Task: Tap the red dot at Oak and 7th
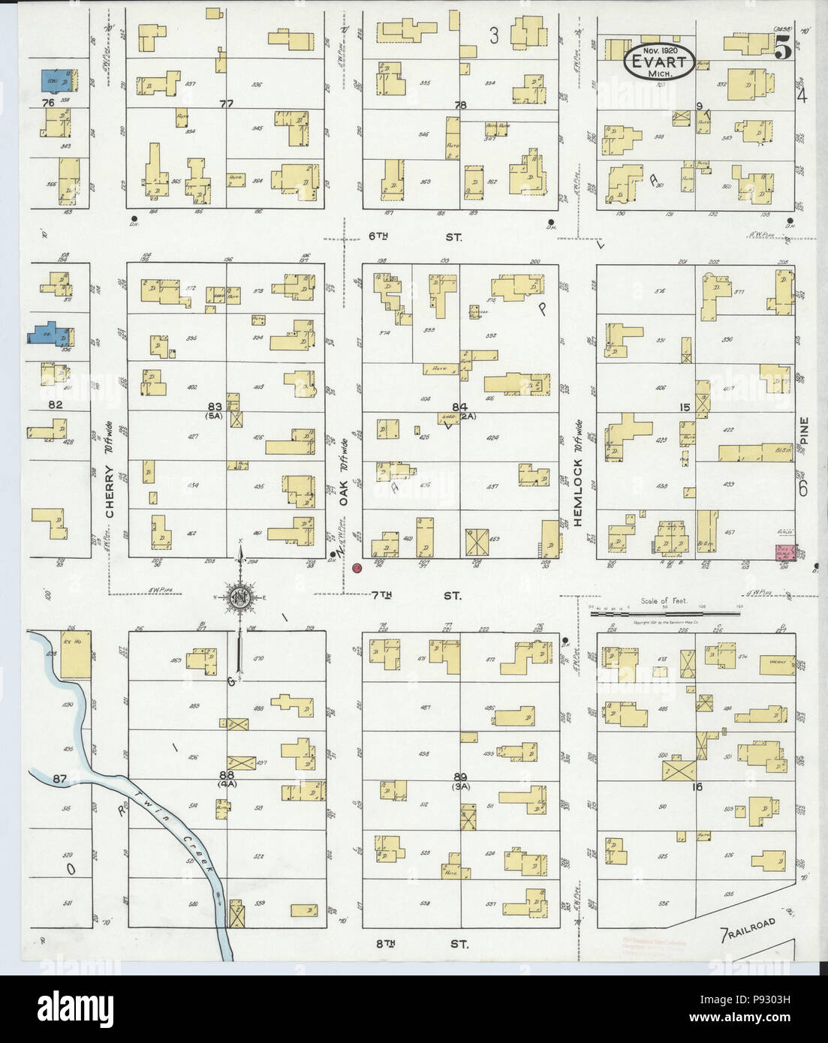click(x=357, y=568)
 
